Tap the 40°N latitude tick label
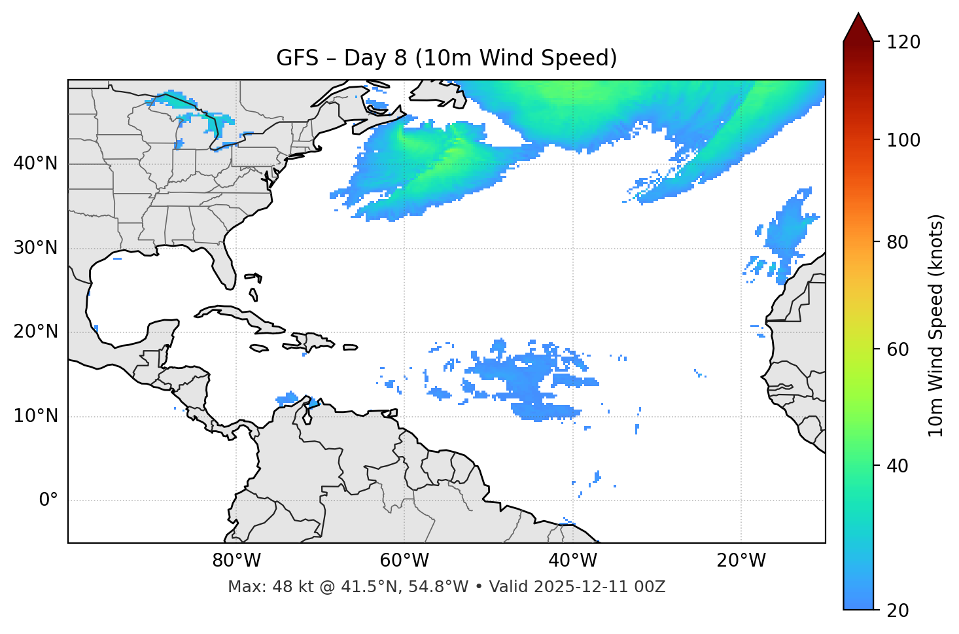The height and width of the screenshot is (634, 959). (35, 164)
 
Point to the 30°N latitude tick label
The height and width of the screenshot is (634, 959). (35, 248)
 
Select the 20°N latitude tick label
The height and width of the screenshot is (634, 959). (35, 332)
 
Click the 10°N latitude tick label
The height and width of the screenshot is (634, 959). (35, 416)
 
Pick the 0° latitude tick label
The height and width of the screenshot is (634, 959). (48, 501)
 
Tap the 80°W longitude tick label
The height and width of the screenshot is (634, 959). (236, 561)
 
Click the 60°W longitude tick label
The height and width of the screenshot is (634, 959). (404, 561)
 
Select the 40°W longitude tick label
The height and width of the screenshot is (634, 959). (572, 561)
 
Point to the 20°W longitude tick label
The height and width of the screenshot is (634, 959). (741, 561)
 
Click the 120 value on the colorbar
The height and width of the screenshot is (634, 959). (903, 43)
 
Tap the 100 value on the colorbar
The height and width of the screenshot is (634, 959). (903, 140)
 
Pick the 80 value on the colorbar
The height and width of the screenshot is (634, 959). (899, 242)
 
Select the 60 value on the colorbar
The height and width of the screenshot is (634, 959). (899, 349)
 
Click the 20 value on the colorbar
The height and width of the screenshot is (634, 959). (899, 610)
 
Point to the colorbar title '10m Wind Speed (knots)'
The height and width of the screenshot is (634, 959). (936, 325)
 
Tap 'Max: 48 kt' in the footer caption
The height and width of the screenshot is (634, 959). (262, 587)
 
